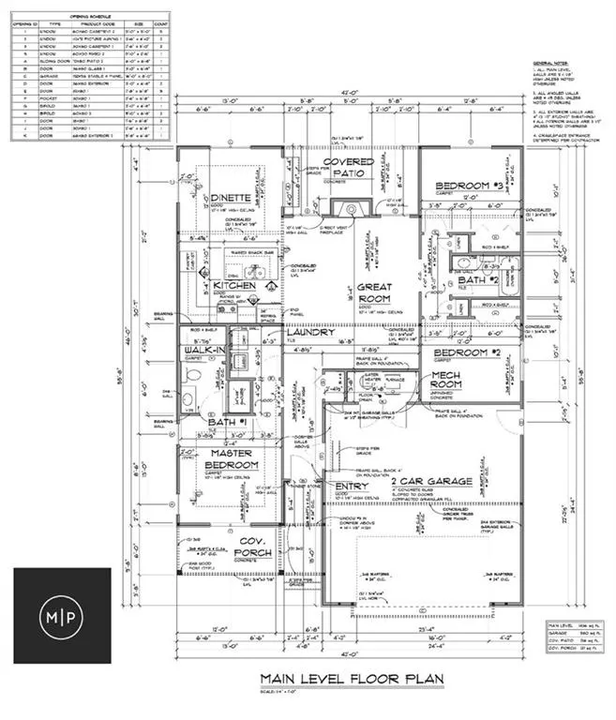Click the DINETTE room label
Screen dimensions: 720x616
tap(228, 198)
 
